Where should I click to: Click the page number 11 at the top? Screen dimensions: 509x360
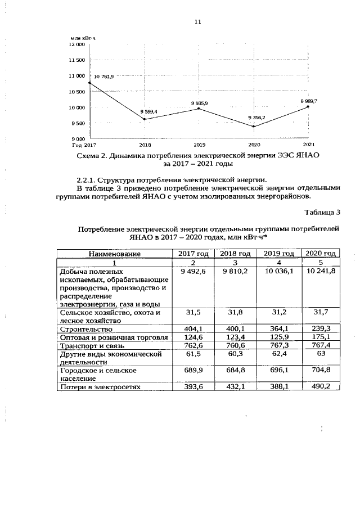(197, 21)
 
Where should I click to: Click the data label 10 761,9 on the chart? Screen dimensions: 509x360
(103, 76)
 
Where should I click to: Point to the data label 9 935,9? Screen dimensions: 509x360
(199, 103)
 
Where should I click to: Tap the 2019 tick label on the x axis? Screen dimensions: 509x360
(199, 145)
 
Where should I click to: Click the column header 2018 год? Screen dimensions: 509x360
(235, 254)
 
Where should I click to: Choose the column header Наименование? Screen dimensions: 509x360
(114, 254)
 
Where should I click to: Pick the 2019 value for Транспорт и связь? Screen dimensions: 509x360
(280, 345)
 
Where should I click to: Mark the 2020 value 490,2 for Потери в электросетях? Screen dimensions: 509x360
(319, 388)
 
